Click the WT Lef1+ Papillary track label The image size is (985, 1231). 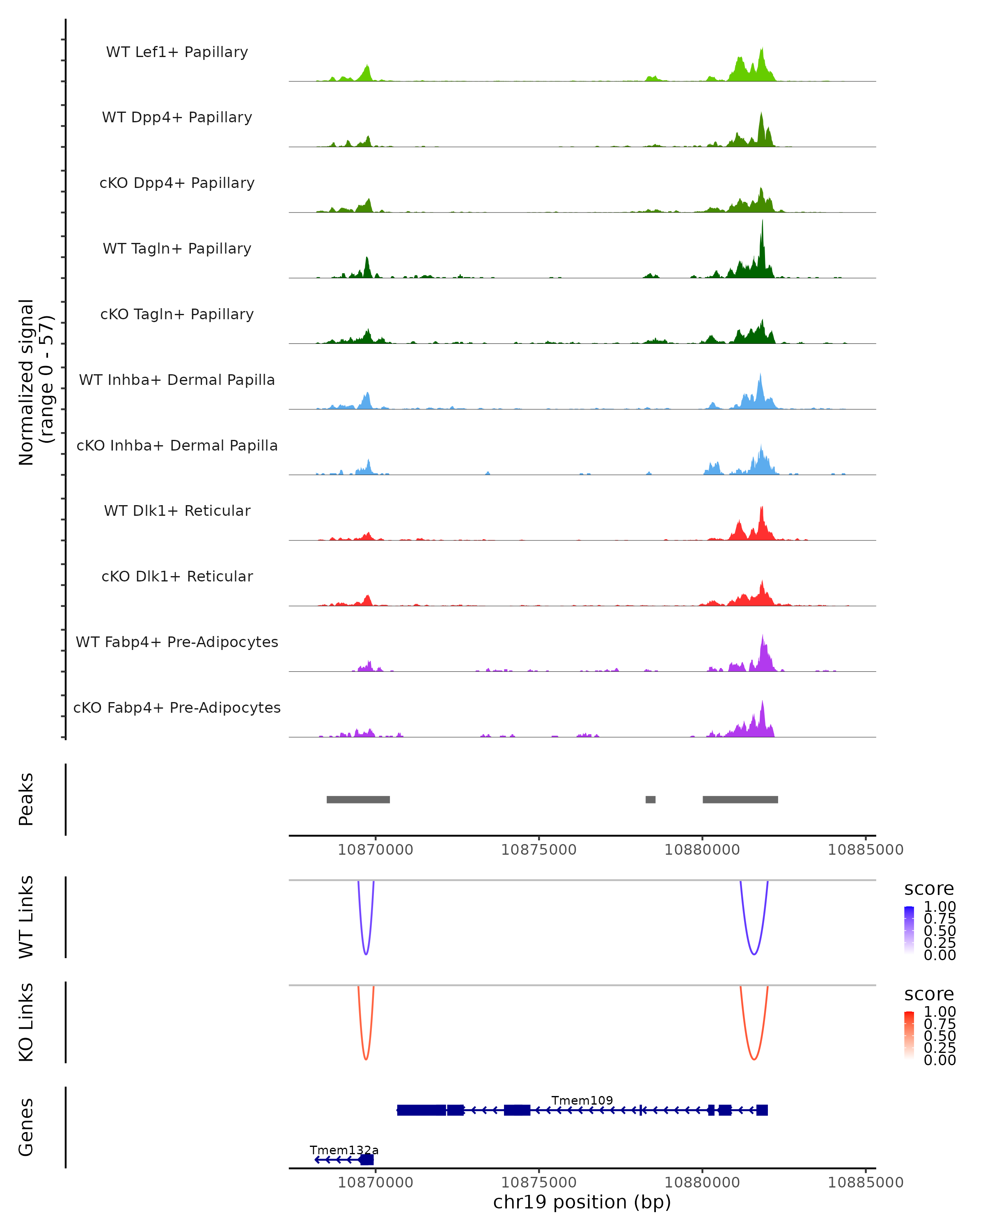pyautogui.click(x=177, y=52)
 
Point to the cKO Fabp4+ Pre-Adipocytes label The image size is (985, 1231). pyautogui.click(x=177, y=707)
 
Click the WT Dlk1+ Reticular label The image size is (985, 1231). pyautogui.click(x=177, y=511)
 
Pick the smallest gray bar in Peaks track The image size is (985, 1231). pyautogui.click(x=651, y=799)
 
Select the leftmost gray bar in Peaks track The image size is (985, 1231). pyautogui.click(x=358, y=799)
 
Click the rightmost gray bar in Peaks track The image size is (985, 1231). pyautogui.click(x=740, y=799)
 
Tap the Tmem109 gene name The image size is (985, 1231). pyautogui.click(x=582, y=1100)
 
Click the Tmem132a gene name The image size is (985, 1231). pyautogui.click(x=344, y=1149)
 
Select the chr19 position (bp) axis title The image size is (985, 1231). pyautogui.click(x=582, y=1202)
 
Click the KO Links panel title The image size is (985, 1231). pyautogui.click(x=26, y=1022)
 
